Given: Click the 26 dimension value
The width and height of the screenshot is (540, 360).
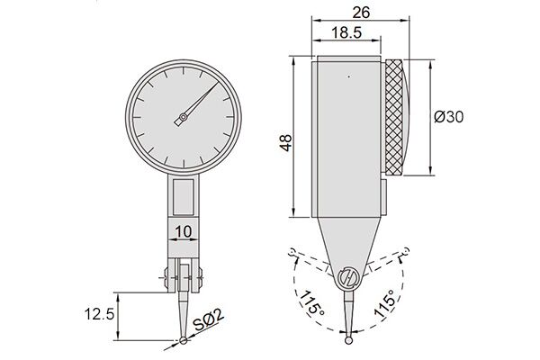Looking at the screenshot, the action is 361,13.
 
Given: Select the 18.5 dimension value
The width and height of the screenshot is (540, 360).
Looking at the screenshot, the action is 346,33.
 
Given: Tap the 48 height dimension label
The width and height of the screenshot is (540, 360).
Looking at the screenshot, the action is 286,143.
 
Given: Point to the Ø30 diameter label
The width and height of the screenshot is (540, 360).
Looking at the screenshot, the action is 449,117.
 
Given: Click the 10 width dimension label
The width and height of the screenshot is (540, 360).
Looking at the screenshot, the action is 184,232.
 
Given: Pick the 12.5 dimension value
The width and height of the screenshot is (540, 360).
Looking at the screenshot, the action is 99,314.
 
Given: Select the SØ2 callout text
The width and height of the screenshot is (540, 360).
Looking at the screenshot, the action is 209,320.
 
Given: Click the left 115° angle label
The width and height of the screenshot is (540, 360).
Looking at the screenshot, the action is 311,303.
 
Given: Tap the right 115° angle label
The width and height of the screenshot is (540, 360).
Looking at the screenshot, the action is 386,303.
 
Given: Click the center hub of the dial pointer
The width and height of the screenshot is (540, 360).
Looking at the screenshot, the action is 184,118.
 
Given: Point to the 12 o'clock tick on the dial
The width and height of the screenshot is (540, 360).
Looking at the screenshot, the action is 184,70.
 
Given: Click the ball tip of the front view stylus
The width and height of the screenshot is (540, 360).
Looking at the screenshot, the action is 184,341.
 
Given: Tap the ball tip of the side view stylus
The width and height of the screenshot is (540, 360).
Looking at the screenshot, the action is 349,340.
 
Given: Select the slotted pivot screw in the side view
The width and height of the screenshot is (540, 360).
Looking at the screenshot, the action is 348,277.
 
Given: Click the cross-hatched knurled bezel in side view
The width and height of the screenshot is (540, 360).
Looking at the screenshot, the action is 394,117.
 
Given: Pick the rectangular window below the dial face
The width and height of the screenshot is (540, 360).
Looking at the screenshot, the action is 184,197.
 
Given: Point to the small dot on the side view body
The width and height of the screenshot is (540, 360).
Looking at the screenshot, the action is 349,76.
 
